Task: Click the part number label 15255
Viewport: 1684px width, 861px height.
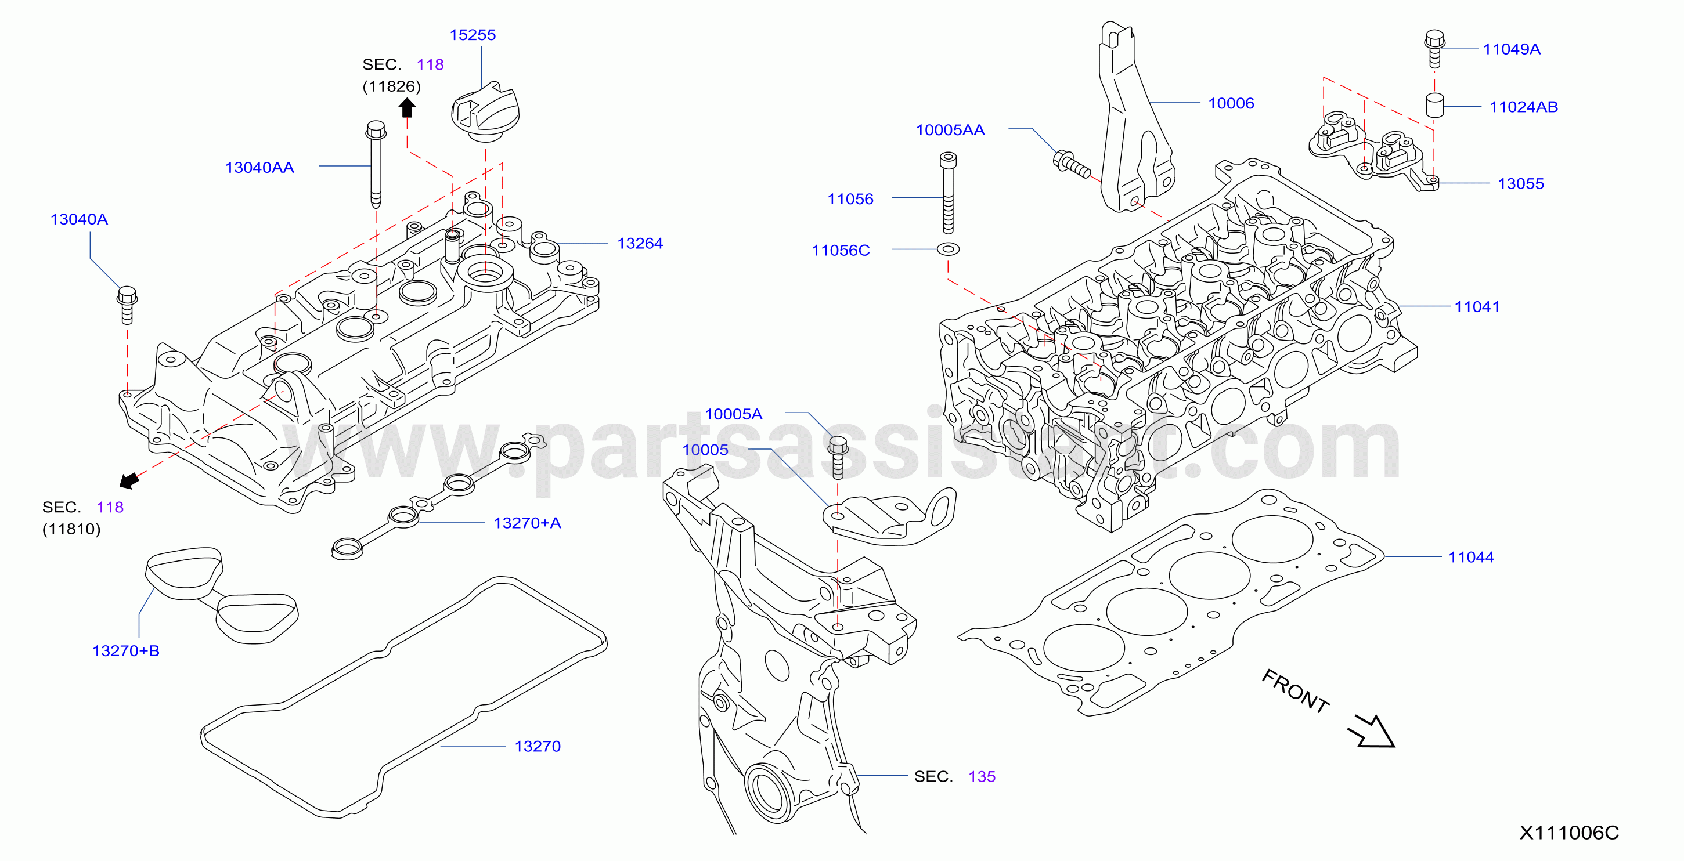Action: click(x=473, y=35)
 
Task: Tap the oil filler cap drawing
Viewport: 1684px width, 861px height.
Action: click(x=485, y=112)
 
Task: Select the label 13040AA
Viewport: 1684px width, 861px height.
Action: click(x=259, y=168)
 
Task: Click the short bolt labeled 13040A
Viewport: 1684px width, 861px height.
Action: click(x=127, y=305)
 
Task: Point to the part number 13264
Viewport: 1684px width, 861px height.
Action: click(x=640, y=244)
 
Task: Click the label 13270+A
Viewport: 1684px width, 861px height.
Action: click(x=527, y=523)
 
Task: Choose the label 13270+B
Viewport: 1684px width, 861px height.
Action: click(x=125, y=652)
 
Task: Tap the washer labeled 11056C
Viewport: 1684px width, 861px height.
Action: click(x=948, y=249)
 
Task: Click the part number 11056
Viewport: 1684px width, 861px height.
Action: click(x=850, y=199)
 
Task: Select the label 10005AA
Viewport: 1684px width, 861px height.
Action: click(x=950, y=130)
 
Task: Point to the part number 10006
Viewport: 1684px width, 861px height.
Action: click(x=1231, y=103)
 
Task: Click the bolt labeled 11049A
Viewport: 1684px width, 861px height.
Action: click(x=1434, y=48)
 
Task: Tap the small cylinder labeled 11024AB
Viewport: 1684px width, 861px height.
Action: click(x=1434, y=106)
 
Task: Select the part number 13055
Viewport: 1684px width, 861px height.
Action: click(x=1520, y=183)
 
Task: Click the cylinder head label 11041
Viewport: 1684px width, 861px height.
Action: click(x=1477, y=307)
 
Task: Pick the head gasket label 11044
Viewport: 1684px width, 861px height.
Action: click(x=1471, y=557)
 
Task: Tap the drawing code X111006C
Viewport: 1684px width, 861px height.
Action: click(x=1569, y=833)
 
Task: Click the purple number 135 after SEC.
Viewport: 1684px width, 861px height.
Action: click(x=982, y=777)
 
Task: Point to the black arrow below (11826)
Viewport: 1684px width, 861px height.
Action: click(x=408, y=108)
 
